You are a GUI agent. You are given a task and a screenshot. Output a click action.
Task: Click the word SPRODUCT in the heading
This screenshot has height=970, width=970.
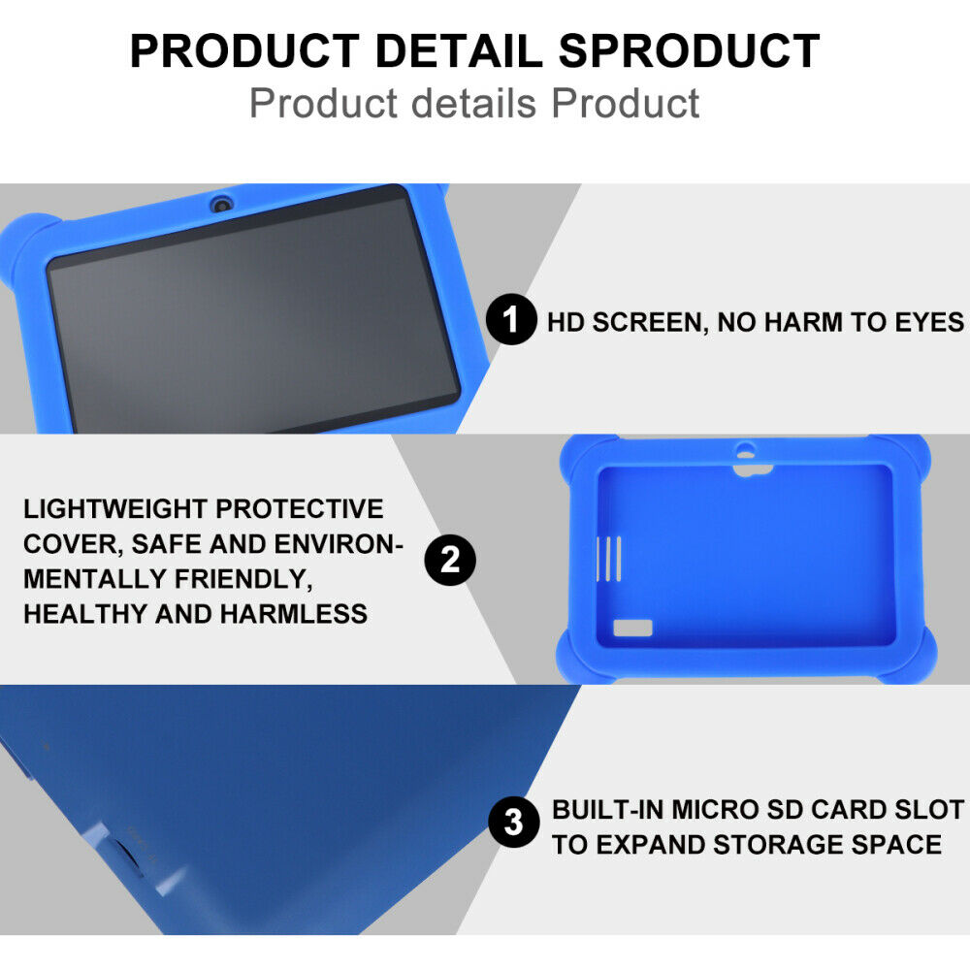690,51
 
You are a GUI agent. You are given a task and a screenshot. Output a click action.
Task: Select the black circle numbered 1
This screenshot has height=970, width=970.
510,322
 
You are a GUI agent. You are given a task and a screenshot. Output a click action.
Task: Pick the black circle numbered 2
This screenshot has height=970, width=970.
450,560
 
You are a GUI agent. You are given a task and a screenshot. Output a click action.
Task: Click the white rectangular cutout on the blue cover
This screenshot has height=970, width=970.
632,627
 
